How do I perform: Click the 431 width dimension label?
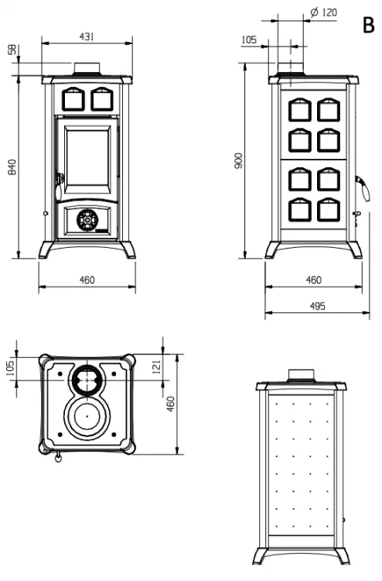click(87, 36)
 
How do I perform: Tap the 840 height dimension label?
click(12, 167)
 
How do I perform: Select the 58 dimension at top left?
click(12, 50)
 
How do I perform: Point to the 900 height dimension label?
click(238, 161)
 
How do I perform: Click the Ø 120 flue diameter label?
click(323, 12)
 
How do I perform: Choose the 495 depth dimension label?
click(317, 306)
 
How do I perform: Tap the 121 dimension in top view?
click(157, 366)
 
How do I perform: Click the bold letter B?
click(368, 26)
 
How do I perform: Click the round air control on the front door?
click(87, 220)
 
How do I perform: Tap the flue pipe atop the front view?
click(87, 68)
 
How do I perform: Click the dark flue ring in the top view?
click(87, 380)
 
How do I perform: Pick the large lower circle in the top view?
click(87, 416)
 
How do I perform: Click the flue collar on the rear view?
click(302, 375)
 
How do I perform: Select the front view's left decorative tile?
click(73, 99)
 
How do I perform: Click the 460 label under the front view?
click(87, 280)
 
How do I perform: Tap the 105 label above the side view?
click(249, 40)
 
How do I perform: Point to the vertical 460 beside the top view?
click(170, 404)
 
